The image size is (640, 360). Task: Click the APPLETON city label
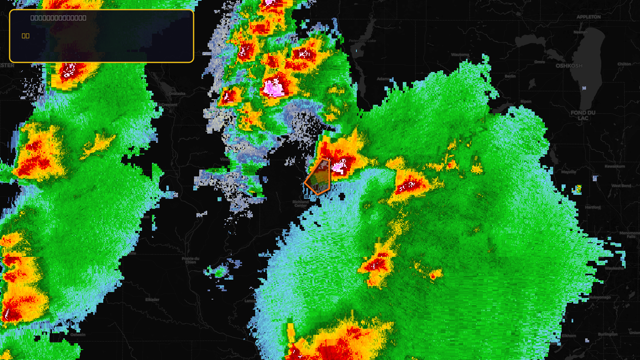(x=588, y=17)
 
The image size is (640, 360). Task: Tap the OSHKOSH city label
(x=569, y=66)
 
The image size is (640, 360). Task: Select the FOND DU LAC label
(x=583, y=116)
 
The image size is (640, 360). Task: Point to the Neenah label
(x=580, y=32)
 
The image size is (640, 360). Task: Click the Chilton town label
(x=624, y=64)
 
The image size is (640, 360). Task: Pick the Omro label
(x=539, y=62)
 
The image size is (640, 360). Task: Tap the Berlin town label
(x=510, y=76)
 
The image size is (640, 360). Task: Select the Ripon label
(x=526, y=102)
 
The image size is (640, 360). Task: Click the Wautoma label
(x=460, y=55)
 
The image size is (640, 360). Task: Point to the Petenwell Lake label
(x=362, y=41)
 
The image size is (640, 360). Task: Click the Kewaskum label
(x=615, y=166)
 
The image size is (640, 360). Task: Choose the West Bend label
(x=621, y=186)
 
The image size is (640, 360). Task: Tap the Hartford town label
(x=592, y=207)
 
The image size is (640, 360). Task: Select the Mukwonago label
(x=599, y=297)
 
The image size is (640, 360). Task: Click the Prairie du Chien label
(x=190, y=260)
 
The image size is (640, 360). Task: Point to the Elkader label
(x=152, y=300)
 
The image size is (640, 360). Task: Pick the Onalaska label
(x=177, y=94)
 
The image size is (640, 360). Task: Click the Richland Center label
(x=300, y=204)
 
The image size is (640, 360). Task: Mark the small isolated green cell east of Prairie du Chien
(x=220, y=272)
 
